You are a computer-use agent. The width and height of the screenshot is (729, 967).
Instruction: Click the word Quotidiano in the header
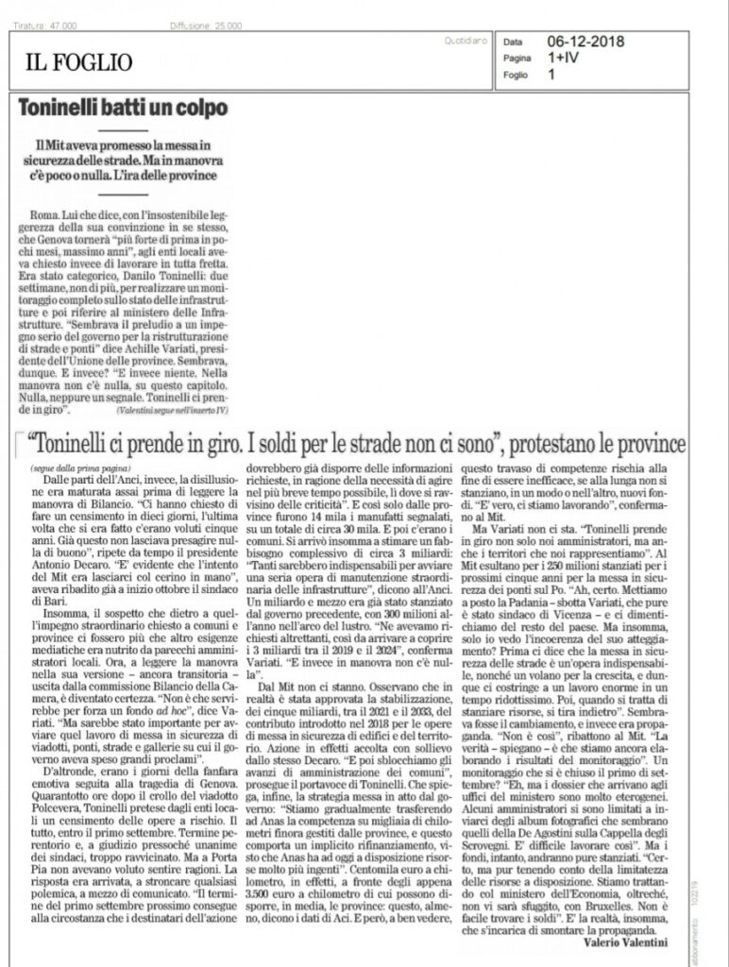pos(465,41)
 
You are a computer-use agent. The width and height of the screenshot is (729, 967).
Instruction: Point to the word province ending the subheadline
pos(195,178)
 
